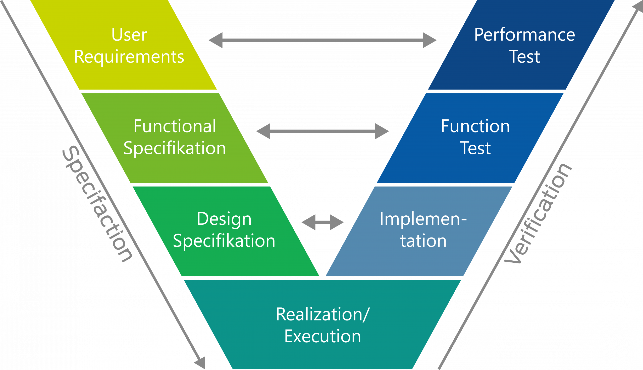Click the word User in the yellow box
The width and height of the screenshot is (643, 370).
tap(129, 35)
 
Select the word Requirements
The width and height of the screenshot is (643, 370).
tap(129, 57)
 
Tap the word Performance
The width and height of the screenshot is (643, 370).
tap(524, 35)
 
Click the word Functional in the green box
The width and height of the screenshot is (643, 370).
tap(175, 126)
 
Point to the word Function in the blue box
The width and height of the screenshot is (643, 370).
tap(475, 126)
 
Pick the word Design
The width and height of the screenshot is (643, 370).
tap(224, 219)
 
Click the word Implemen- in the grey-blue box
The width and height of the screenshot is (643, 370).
tap(423, 219)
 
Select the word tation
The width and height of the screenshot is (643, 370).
tap(423, 241)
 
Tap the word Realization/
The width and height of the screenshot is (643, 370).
tap(323, 315)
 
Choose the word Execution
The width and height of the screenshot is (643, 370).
tap(323, 337)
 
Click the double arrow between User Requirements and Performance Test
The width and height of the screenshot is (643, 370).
tap(323, 40)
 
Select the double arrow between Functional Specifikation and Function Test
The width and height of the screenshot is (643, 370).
tap(323, 131)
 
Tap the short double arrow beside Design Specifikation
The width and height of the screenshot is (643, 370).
tap(323, 222)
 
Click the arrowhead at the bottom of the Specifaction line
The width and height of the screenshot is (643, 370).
tap(200, 362)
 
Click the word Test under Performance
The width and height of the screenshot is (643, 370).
tap(524, 57)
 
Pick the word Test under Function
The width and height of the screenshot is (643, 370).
tap(475, 148)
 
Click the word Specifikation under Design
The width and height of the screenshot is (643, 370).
tap(224, 241)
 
